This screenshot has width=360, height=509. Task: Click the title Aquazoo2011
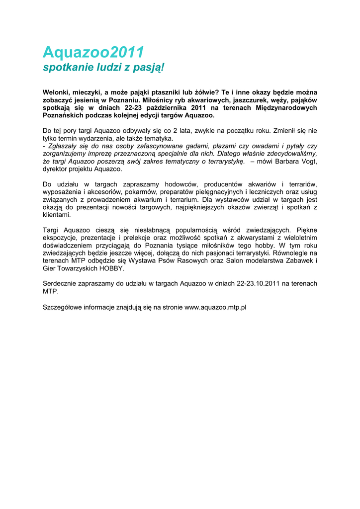tap(93, 52)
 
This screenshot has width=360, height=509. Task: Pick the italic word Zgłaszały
tap(62, 146)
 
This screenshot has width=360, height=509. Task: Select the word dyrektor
tap(56, 169)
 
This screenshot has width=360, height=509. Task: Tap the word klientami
tap(57, 215)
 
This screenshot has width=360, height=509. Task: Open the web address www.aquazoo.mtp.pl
tap(215, 307)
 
